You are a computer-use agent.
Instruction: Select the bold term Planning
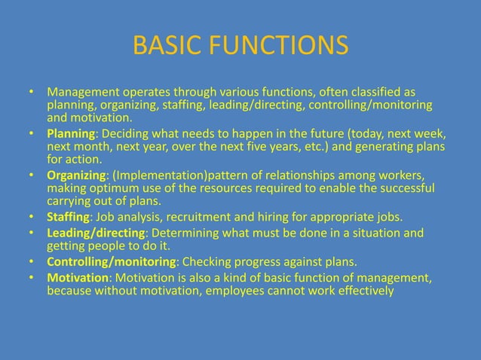[x=69, y=133]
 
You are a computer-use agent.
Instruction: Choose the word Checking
[x=204, y=261]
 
